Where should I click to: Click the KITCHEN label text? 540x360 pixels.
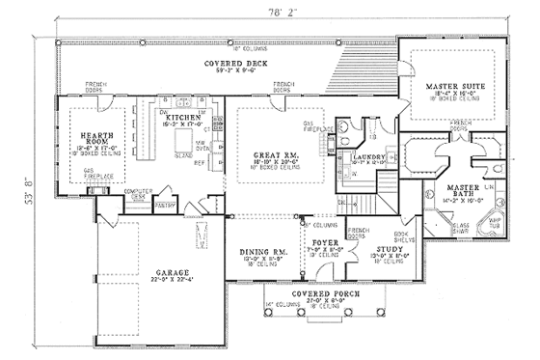[182, 116]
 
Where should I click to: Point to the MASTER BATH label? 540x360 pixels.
[464, 190]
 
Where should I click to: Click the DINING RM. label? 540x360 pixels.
[261, 252]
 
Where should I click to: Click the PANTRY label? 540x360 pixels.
[164, 205]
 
